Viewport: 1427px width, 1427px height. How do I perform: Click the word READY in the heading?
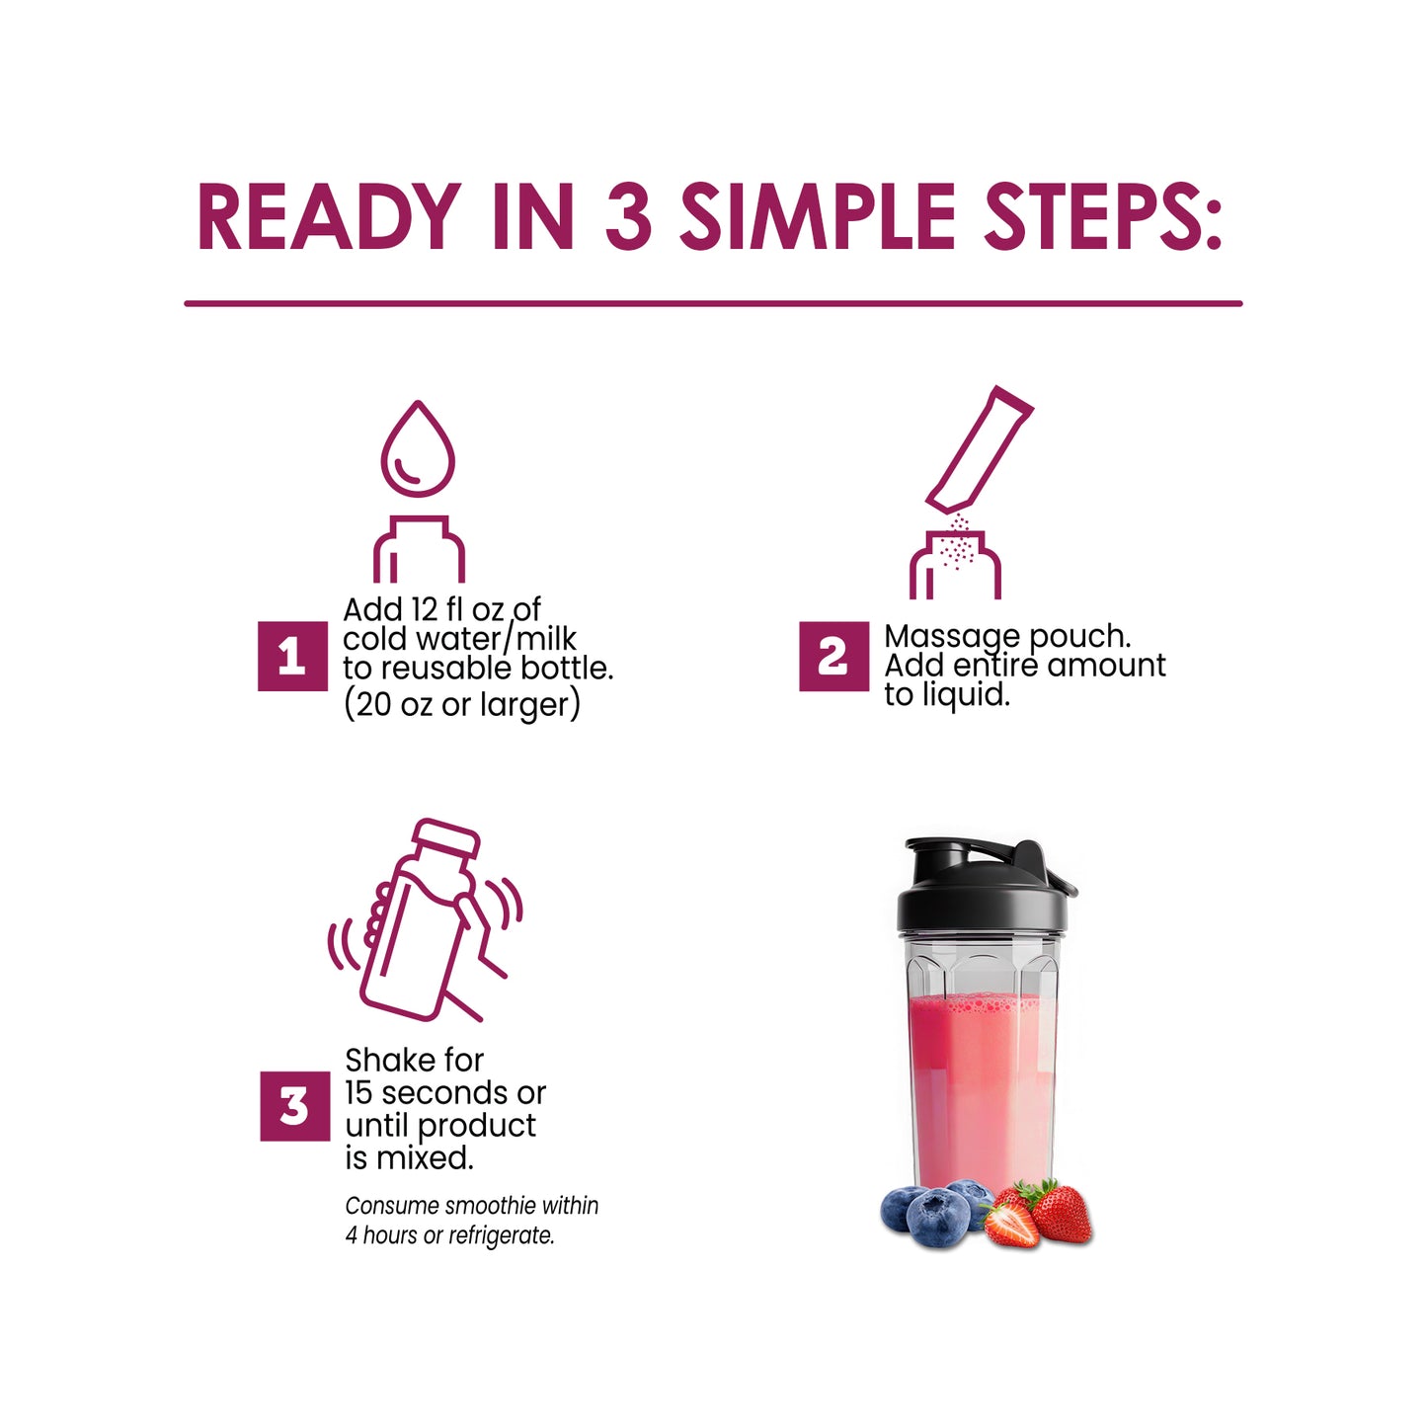(x=329, y=217)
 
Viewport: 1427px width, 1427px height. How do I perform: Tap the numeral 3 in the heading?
(x=628, y=217)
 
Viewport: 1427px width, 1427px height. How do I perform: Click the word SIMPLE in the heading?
(x=817, y=217)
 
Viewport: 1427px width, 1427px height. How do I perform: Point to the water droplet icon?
(x=418, y=449)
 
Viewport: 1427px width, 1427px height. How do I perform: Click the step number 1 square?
(x=292, y=656)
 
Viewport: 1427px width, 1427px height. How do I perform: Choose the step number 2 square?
(x=833, y=656)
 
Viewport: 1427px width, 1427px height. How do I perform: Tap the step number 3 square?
(x=294, y=1106)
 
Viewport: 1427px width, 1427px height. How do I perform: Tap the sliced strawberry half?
(x=1010, y=1225)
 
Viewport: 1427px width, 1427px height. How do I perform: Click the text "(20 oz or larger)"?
(x=461, y=705)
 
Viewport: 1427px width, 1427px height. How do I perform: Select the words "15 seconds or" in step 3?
(x=444, y=1093)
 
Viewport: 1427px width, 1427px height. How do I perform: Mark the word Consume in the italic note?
(x=392, y=1206)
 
